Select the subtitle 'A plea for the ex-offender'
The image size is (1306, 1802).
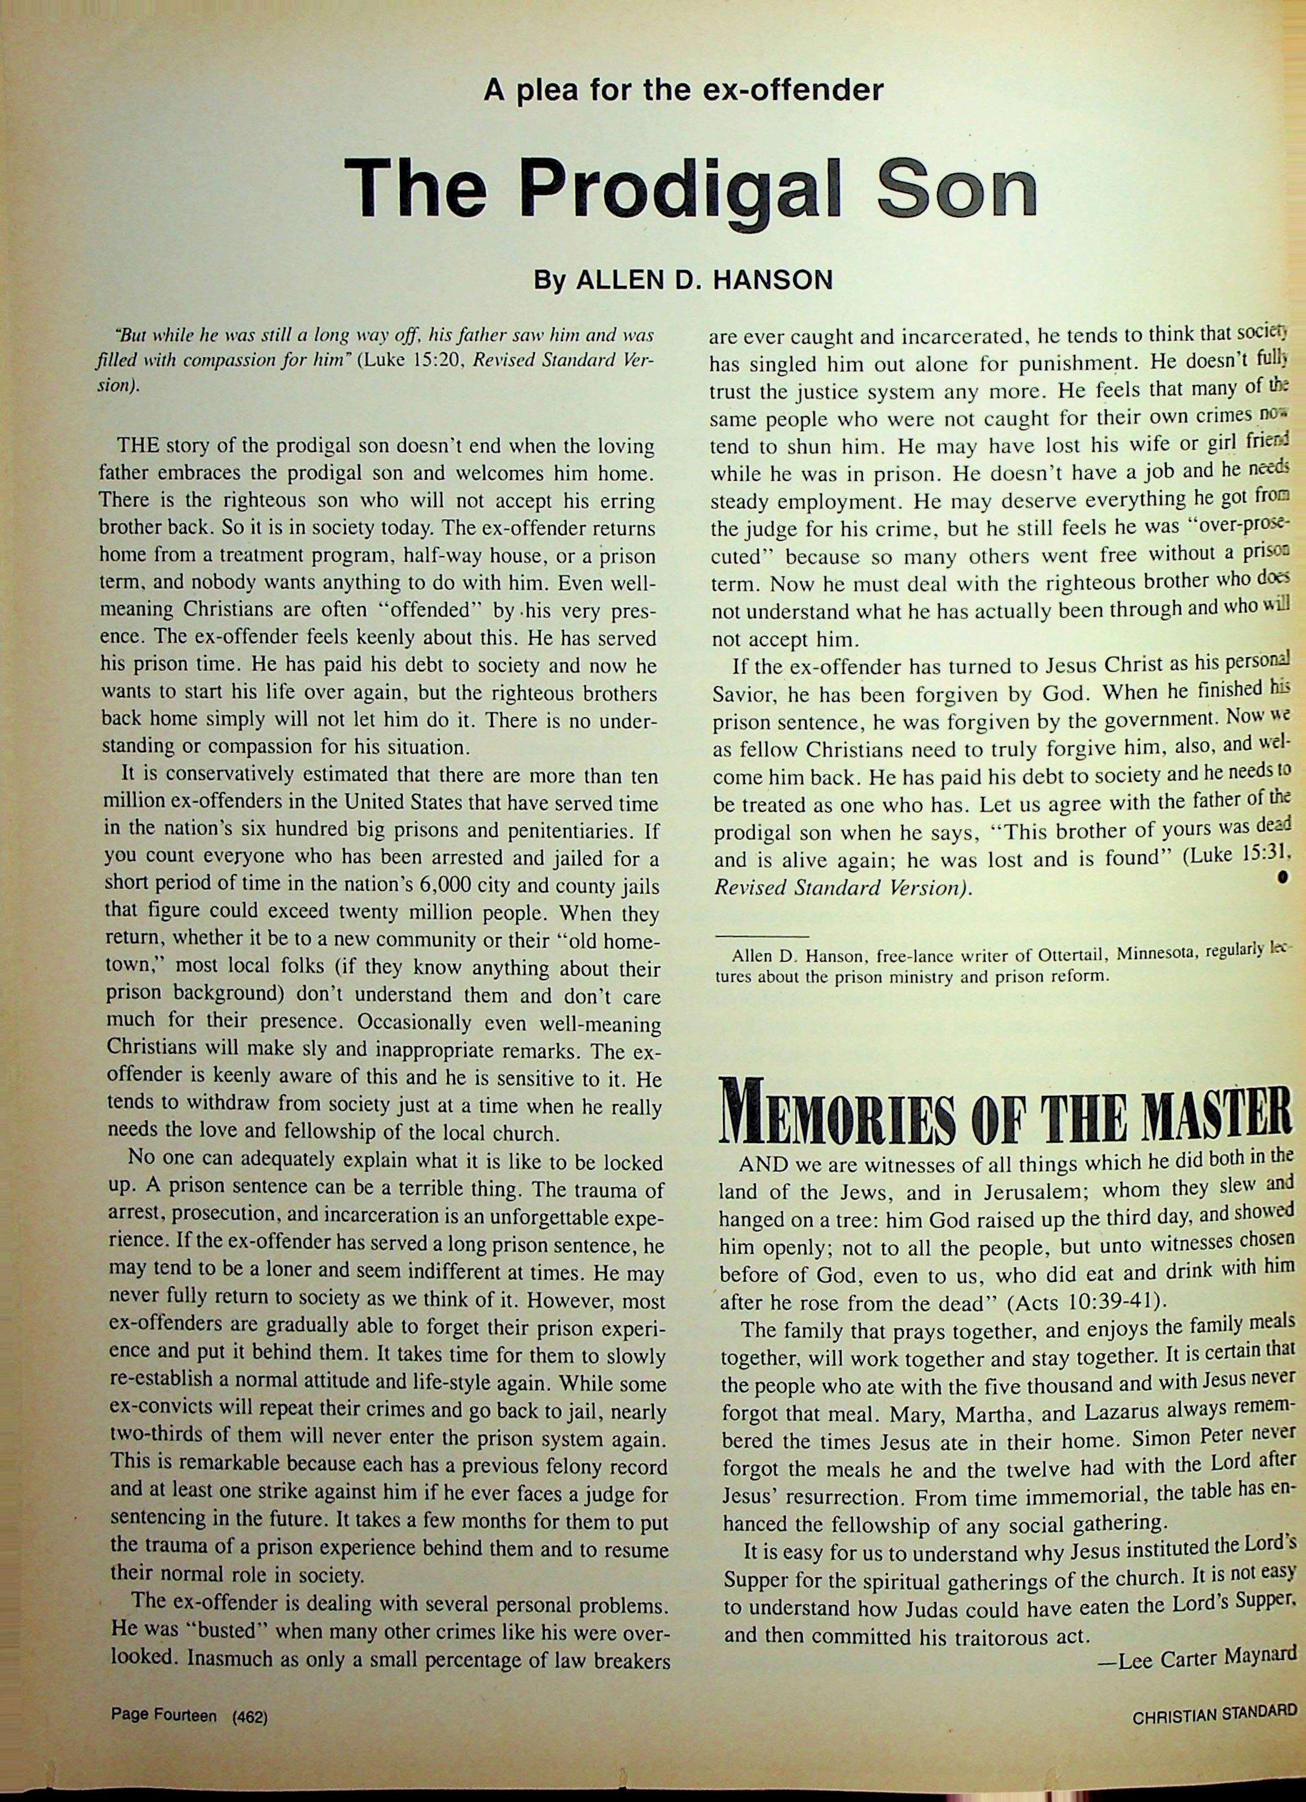point(683,89)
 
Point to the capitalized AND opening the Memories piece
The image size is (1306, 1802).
point(763,1166)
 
